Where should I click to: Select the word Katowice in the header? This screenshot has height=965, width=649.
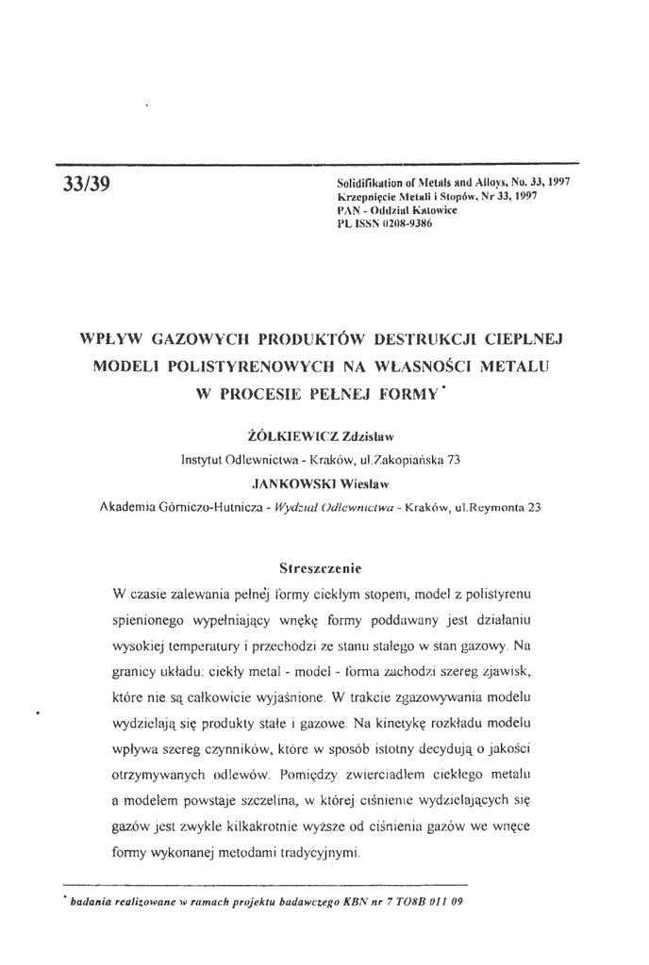(x=431, y=211)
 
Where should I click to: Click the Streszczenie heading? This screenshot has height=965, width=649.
(x=321, y=568)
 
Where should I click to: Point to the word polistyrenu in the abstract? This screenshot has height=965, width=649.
(x=501, y=596)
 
